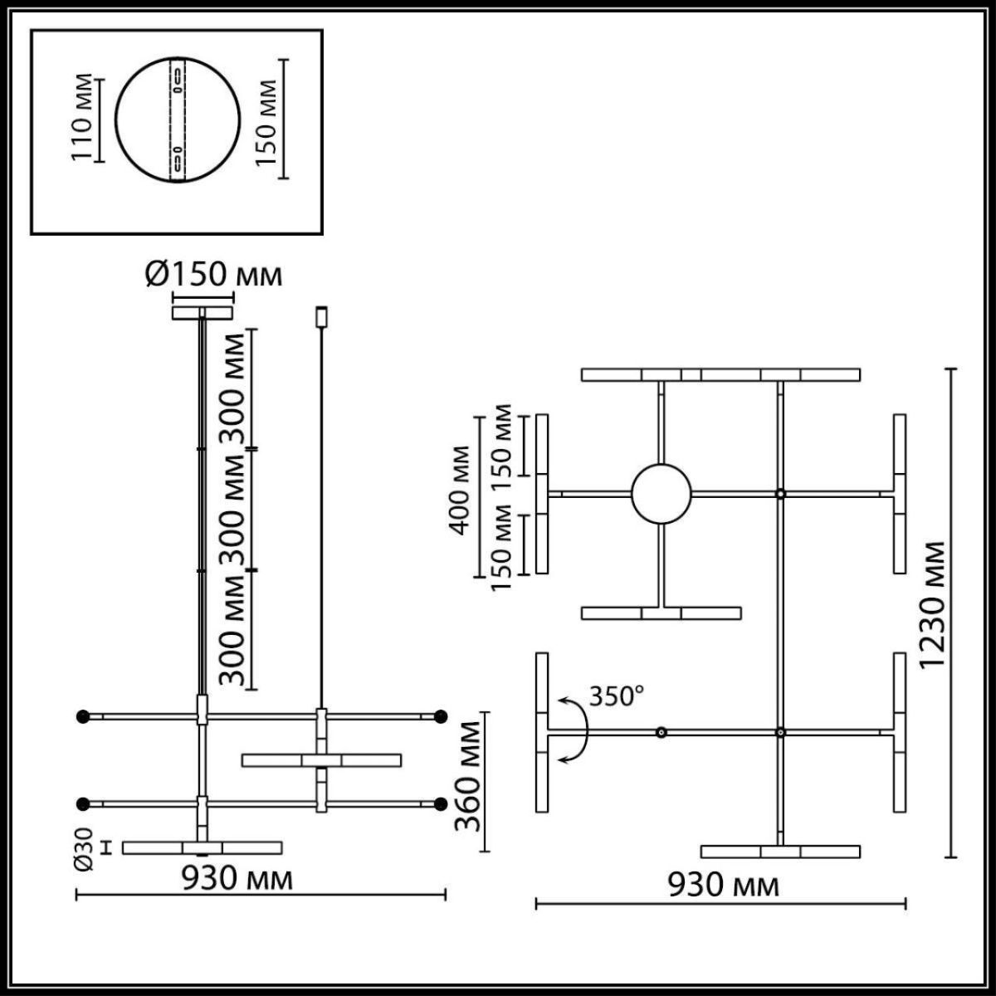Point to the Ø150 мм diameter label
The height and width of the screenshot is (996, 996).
point(213,275)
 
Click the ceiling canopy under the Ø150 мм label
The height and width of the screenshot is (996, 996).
point(202,313)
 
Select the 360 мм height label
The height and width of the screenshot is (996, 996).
point(470,777)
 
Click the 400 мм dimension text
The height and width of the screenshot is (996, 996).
point(459,490)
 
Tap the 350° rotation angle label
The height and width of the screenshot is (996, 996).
point(617,696)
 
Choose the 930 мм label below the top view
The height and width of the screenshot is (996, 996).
point(724,886)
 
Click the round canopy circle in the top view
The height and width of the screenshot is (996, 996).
point(661,493)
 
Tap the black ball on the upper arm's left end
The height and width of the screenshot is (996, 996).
point(81,715)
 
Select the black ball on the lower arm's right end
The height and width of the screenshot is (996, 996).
point(441,803)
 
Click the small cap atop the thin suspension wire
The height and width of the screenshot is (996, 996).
point(320,316)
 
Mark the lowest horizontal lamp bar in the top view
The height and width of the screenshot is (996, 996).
point(780,852)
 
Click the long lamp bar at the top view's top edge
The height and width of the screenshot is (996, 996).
point(720,374)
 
